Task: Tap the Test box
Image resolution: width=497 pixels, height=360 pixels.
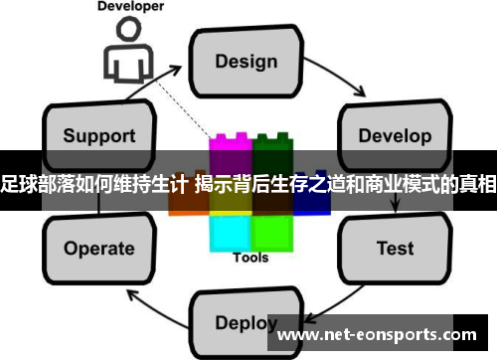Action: pyautogui.click(x=395, y=248)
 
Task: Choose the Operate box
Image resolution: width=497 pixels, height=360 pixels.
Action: pyautogui.click(x=98, y=248)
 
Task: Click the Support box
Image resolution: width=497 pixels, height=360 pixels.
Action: pyautogui.click(x=98, y=134)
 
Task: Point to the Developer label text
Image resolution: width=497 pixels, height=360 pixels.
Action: pyautogui.click(x=130, y=7)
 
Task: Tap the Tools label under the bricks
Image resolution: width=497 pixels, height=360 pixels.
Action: pyautogui.click(x=250, y=258)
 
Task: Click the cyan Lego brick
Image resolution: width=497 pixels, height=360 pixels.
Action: pyautogui.click(x=230, y=231)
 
